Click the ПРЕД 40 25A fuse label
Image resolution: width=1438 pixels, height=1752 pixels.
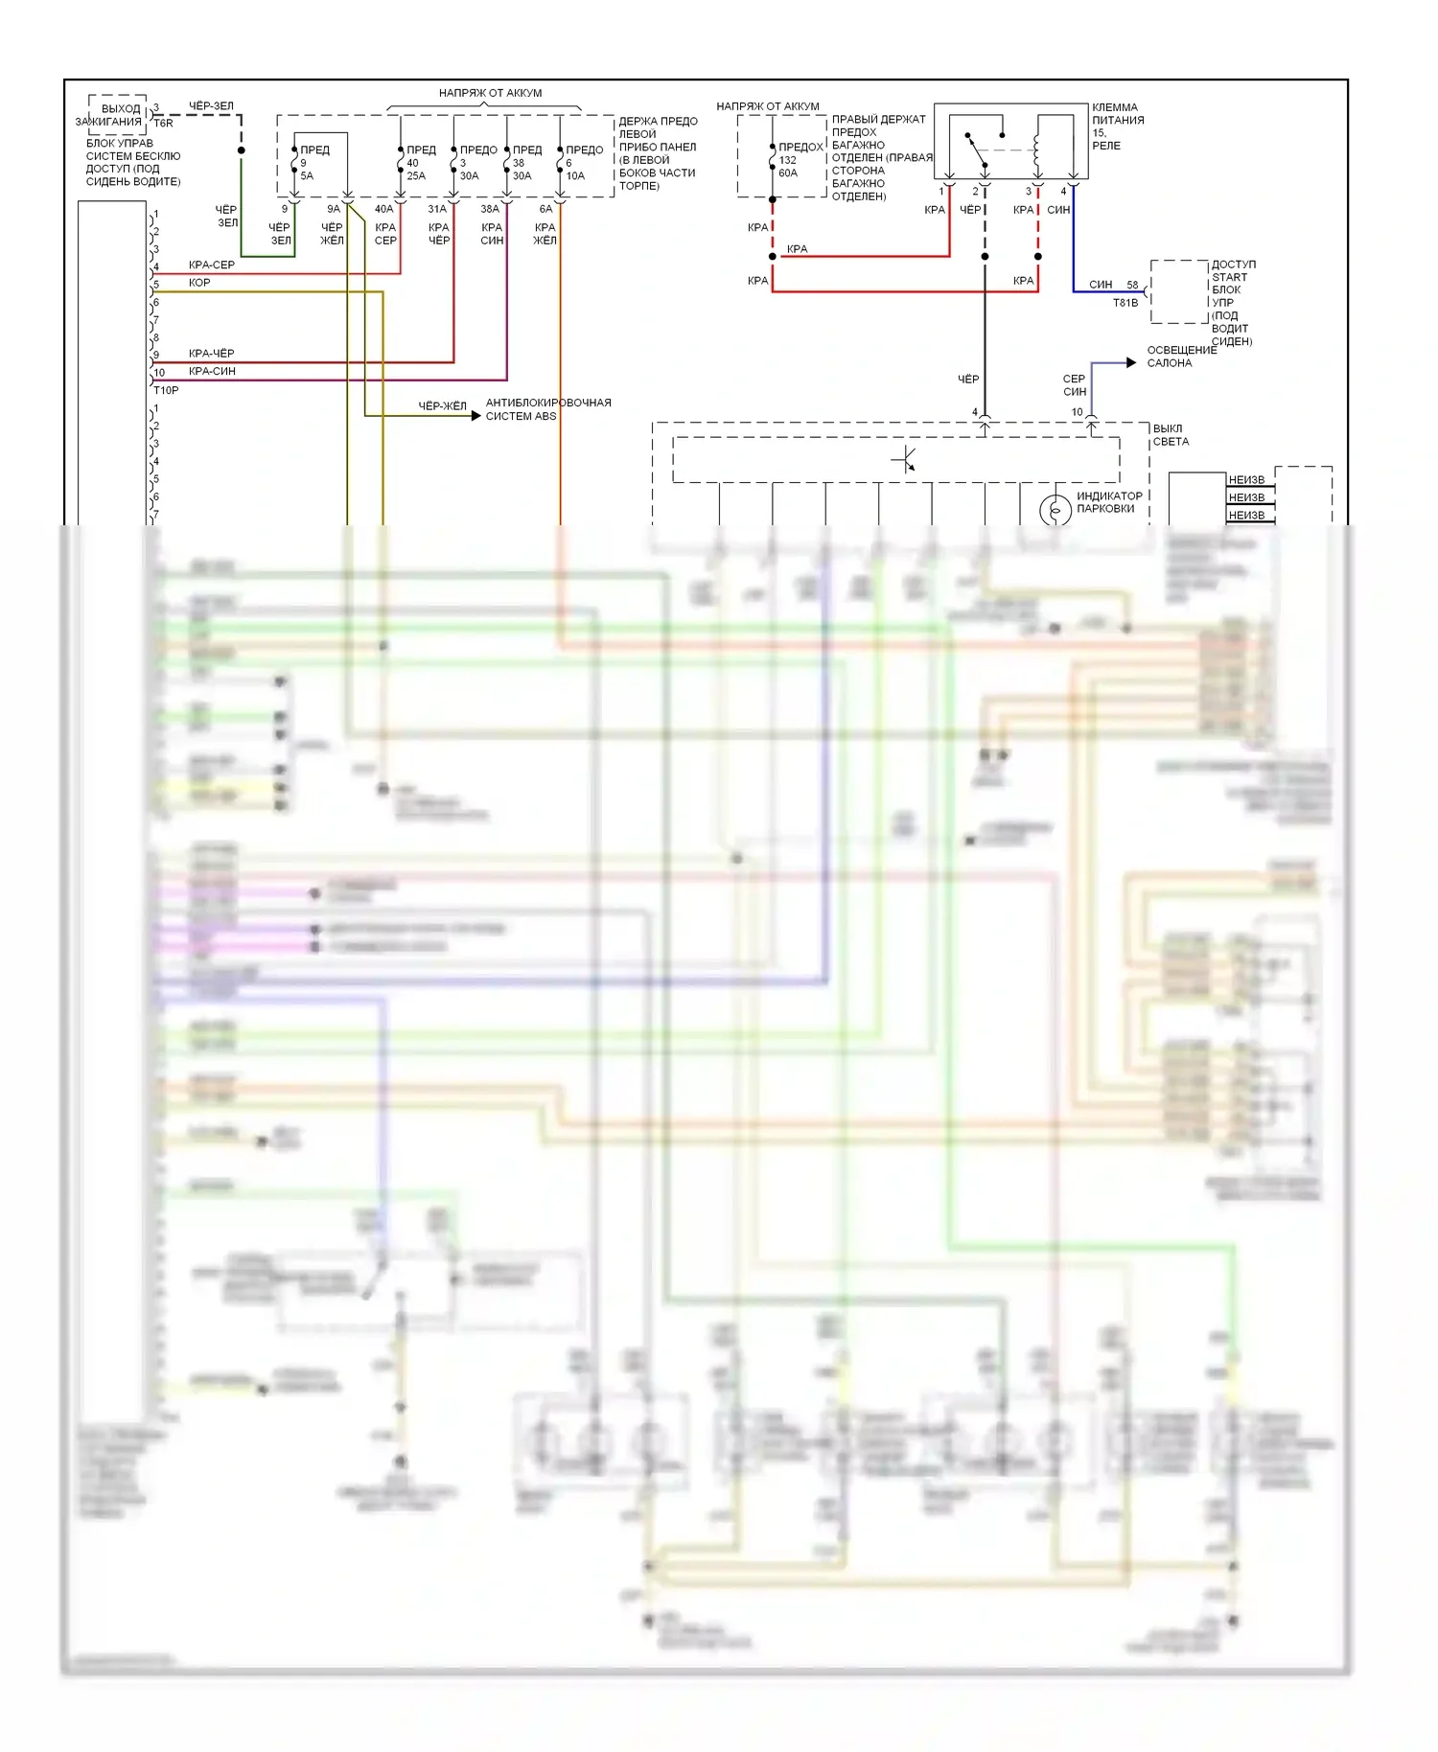[x=418, y=163]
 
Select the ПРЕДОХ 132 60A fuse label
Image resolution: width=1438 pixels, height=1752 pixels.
[x=800, y=160]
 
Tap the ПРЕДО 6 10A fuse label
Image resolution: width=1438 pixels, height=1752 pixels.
[x=582, y=163]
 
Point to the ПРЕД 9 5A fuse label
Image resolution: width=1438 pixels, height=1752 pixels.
[x=313, y=163]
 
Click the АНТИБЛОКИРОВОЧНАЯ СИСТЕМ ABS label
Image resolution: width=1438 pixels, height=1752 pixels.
[x=547, y=409]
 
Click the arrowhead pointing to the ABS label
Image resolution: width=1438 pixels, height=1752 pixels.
[x=475, y=415]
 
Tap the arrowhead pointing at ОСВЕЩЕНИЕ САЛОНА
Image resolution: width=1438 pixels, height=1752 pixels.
[x=1131, y=362]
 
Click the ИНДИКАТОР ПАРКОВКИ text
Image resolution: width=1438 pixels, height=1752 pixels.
[x=1108, y=502]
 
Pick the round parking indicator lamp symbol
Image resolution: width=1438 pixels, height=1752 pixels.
[x=1055, y=510]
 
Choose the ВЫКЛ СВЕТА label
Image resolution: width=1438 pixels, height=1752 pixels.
[x=1170, y=435]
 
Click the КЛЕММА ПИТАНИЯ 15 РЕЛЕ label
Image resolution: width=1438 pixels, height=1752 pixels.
[x=1117, y=127]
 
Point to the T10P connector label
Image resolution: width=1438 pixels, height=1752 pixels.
[x=166, y=390]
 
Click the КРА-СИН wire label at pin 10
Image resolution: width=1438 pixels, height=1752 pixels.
[x=212, y=371]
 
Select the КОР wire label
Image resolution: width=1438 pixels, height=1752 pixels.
[x=199, y=283]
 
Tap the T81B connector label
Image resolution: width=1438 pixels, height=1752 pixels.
[x=1125, y=303]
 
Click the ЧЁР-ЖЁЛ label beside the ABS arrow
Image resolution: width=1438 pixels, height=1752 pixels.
[x=442, y=406]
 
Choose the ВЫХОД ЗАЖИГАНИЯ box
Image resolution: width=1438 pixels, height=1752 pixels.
[x=118, y=115]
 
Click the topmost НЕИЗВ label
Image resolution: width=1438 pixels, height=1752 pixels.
[x=1246, y=480]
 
